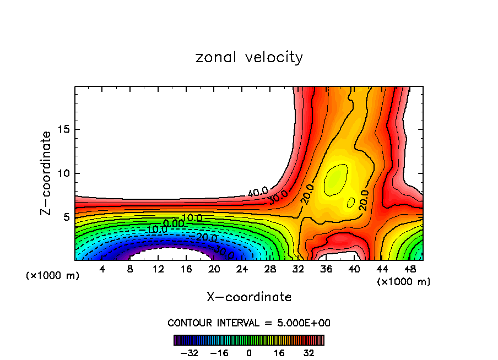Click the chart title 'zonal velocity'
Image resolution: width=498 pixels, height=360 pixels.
tap(249, 57)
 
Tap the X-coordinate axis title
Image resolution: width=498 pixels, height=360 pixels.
tap(249, 297)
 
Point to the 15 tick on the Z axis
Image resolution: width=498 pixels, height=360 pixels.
tap(65, 129)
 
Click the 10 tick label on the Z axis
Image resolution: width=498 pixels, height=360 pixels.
tap(65, 173)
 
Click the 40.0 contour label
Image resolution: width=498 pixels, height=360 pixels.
tap(257, 192)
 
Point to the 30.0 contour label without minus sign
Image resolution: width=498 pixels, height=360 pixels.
tap(278, 197)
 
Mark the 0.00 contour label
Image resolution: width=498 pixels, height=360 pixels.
tap(174, 223)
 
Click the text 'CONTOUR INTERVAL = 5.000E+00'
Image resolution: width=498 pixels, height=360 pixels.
tap(249, 323)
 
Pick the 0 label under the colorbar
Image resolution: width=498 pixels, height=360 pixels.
tap(249, 352)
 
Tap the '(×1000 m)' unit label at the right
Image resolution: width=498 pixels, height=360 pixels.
tap(404, 282)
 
